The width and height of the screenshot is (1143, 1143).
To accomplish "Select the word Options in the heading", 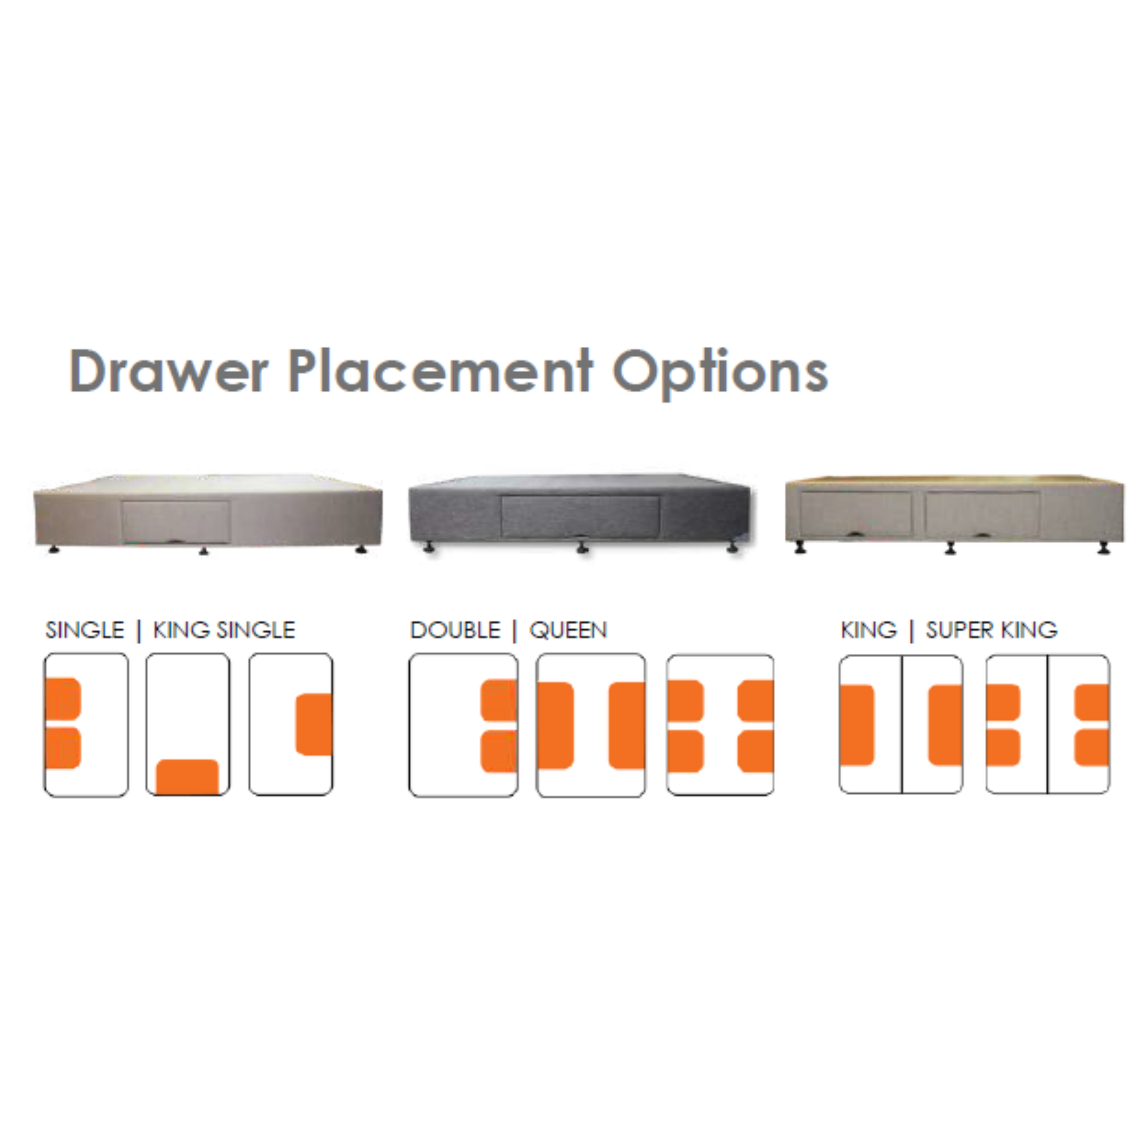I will click(720, 373).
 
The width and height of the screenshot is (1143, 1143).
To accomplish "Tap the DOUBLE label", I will click(455, 630).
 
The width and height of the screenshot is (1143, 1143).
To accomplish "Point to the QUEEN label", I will click(568, 630).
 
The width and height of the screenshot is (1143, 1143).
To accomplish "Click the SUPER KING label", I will click(992, 630).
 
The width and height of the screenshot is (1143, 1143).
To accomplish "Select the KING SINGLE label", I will click(223, 630).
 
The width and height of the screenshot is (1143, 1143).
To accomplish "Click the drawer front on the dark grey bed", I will click(580, 517).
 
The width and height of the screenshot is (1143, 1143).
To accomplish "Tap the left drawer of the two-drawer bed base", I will click(856, 514).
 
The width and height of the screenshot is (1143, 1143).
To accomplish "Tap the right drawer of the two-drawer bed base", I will click(982, 514).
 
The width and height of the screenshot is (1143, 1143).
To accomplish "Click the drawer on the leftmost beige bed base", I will click(175, 521).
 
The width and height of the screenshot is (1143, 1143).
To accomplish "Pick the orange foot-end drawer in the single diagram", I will click(187, 777).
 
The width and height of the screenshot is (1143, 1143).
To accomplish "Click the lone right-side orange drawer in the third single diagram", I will click(314, 724).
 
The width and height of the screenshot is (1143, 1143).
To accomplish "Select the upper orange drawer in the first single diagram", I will click(63, 699).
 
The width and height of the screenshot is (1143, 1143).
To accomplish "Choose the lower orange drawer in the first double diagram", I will click(499, 752).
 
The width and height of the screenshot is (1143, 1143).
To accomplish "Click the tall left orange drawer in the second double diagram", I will click(555, 725).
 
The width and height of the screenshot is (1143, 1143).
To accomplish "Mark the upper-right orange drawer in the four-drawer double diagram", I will click(756, 701).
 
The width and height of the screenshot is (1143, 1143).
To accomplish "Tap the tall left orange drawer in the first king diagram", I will click(857, 725).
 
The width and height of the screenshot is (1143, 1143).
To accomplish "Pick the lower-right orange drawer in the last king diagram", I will click(1092, 748).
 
